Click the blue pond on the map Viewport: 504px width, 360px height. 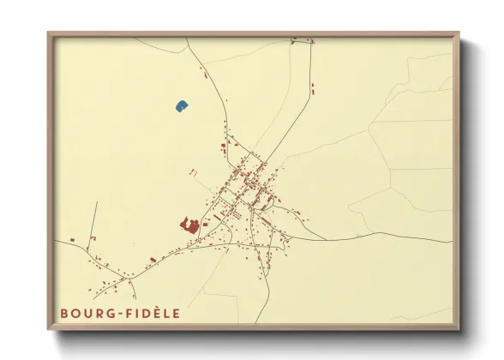point(182,106)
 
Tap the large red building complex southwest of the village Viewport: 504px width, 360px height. point(190,225)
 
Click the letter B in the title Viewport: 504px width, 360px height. point(64,314)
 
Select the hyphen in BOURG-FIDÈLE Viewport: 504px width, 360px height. point(122,314)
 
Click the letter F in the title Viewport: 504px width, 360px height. point(132,314)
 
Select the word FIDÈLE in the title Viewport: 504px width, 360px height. point(153,314)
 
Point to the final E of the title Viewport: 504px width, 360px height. point(177,314)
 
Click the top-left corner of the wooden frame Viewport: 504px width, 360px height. point(50,34)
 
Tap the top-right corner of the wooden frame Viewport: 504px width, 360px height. point(458,34)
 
